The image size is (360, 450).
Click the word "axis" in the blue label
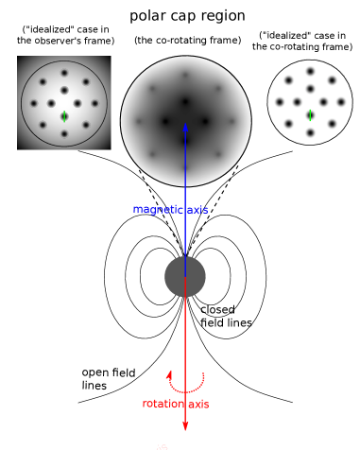coord(197,210)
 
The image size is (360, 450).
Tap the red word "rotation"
coord(164,404)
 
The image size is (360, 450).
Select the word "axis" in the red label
coord(198,404)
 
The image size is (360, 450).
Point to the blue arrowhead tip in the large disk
coord(185,123)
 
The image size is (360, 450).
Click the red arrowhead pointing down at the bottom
coord(185,427)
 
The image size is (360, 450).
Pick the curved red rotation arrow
coord(185,384)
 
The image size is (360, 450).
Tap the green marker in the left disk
coord(64,116)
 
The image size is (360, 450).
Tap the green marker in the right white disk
coord(310,115)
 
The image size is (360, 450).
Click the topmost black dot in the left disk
coord(64,73)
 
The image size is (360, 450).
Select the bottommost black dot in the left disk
coord(64,134)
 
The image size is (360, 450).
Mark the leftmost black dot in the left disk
coord(34,103)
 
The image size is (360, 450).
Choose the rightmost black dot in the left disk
coord(94,103)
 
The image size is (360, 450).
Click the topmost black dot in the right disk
coord(310,71)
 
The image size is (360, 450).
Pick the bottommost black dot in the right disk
coord(310,132)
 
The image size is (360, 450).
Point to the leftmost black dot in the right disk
coord(280,102)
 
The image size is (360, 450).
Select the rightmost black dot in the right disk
coord(340,102)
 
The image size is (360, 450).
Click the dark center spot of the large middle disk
coord(185,101)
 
